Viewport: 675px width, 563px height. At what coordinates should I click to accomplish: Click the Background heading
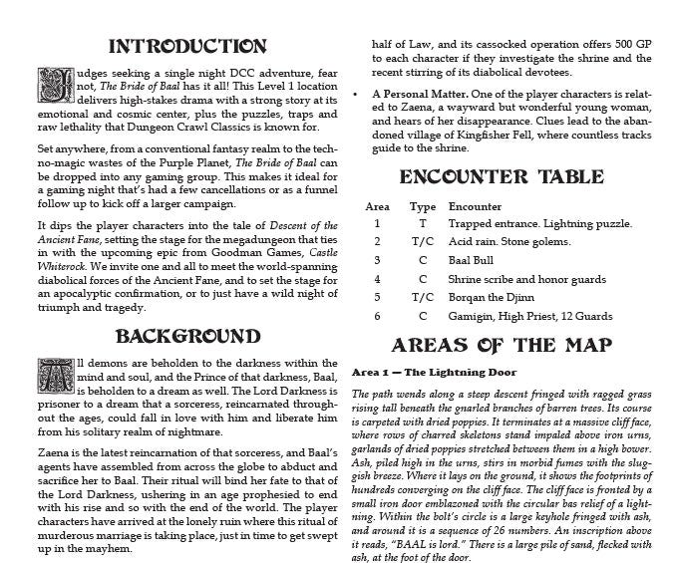(187, 335)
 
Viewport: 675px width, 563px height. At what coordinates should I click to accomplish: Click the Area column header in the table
(377, 206)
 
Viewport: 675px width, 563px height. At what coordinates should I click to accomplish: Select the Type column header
(423, 206)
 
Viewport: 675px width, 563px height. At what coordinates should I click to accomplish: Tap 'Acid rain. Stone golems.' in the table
(508, 241)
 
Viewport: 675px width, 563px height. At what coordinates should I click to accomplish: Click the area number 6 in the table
(377, 316)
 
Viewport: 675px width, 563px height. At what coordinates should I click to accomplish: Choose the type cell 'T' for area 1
(423, 223)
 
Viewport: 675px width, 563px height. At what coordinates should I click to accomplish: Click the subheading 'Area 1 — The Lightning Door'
(435, 372)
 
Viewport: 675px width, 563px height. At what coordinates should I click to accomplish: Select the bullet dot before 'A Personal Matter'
(357, 102)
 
